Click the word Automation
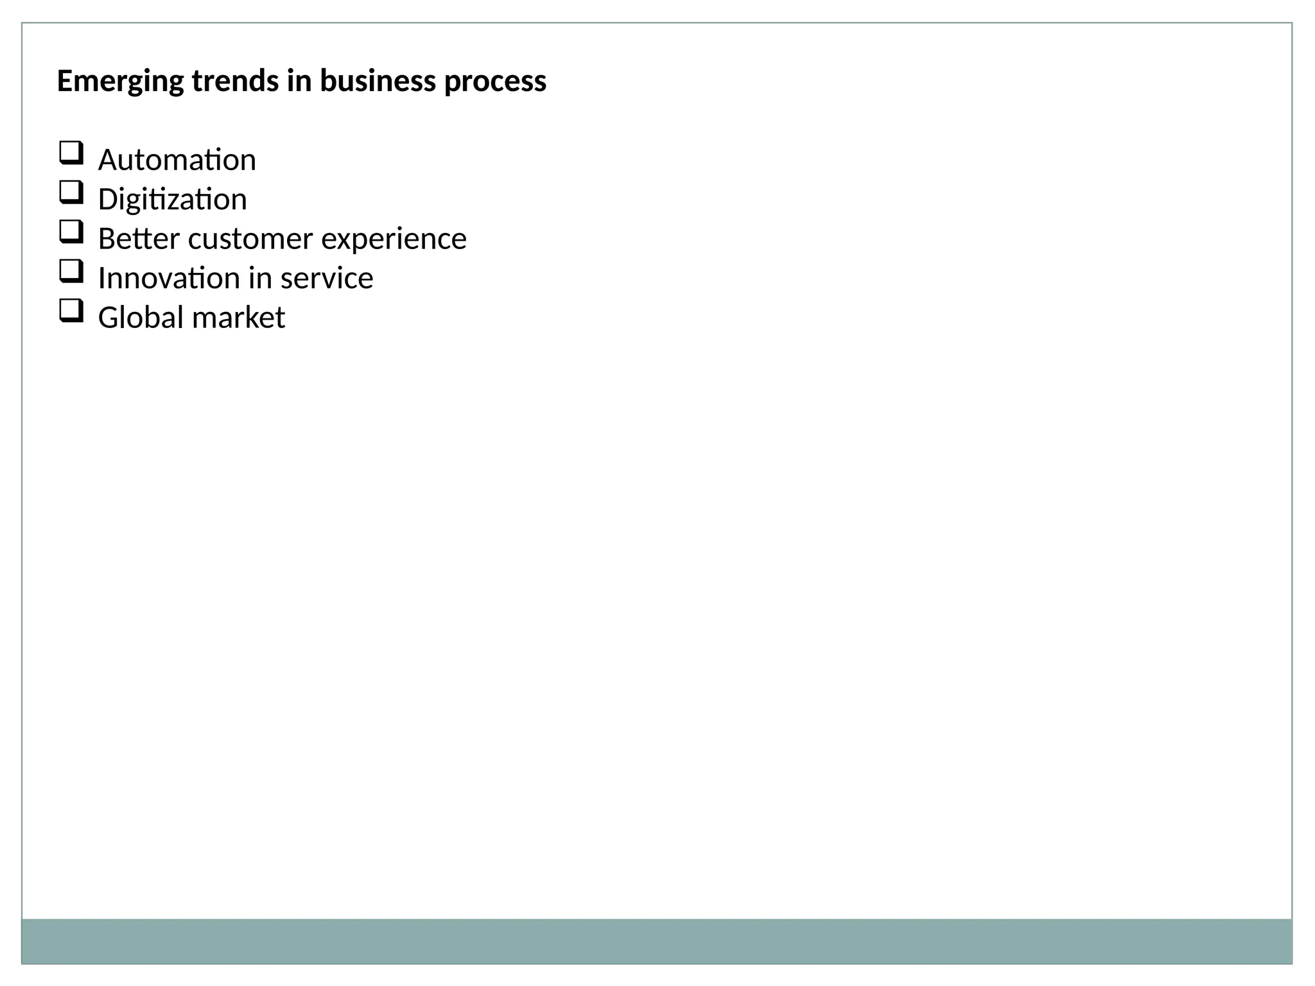177,160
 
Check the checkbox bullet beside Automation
71,153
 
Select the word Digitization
172,200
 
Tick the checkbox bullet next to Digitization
71,192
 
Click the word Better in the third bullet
139,239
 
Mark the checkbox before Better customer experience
71,232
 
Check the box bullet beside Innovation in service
71,271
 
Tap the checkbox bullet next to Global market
71,311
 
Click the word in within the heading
299,81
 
